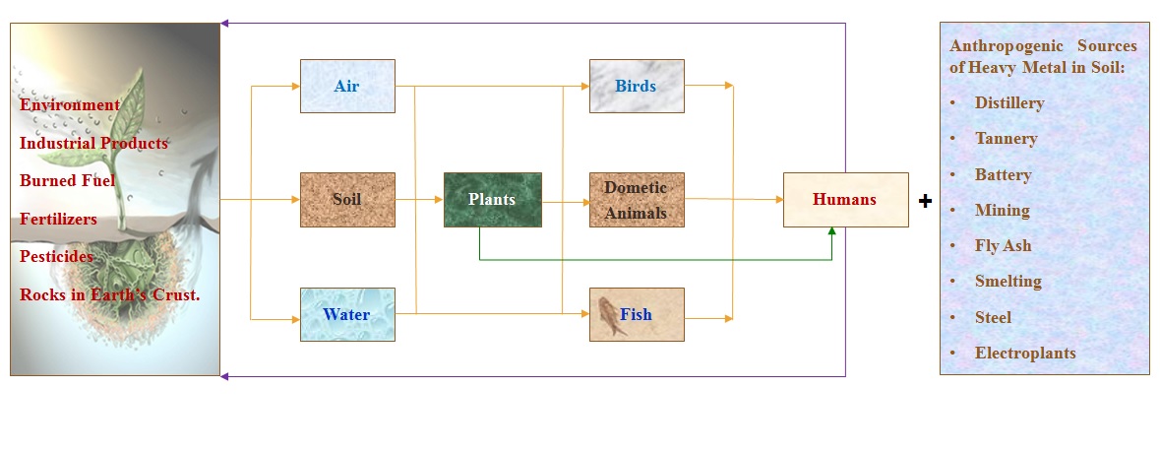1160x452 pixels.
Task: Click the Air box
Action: [346, 86]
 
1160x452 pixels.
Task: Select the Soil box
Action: [346, 199]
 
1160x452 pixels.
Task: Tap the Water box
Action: [346, 314]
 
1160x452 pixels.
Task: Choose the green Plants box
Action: [492, 199]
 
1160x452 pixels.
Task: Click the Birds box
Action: [636, 86]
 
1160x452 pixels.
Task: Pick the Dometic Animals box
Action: [636, 199]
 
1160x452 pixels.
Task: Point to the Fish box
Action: [636, 314]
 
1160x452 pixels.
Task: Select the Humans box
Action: [844, 199]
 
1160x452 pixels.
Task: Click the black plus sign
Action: [925, 201]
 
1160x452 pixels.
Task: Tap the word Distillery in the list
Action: [1009, 102]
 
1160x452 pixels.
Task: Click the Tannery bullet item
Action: [1006, 138]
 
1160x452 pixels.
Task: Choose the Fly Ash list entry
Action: [1003, 245]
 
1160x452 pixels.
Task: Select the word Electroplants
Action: [1025, 353]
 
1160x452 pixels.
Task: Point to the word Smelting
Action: [1007, 281]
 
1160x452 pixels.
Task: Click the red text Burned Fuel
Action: [67, 180]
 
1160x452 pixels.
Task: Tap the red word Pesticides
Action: [57, 256]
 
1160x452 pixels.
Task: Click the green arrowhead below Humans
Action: [832, 231]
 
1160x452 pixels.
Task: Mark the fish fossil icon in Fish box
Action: [610, 314]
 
